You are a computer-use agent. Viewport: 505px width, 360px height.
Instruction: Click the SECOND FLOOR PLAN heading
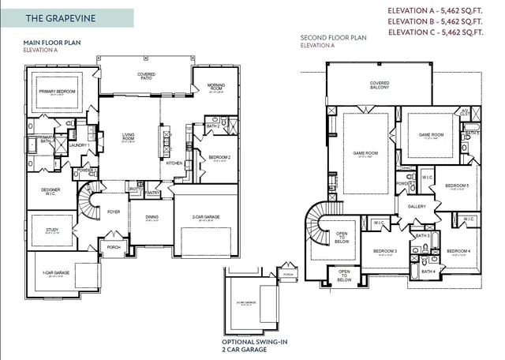(333, 38)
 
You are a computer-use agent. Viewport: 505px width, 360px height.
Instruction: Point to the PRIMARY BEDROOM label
(56, 92)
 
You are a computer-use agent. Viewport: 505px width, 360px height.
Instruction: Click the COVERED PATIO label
(145, 75)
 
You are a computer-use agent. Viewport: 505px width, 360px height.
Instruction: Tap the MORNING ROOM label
(216, 87)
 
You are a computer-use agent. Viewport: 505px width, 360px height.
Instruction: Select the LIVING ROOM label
(129, 137)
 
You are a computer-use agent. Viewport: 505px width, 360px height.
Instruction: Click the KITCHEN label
(174, 163)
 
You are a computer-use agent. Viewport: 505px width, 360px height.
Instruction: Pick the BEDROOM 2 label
(219, 157)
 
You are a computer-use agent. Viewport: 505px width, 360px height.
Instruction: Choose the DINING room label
(151, 218)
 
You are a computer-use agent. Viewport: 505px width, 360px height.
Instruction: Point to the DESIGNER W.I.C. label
(50, 191)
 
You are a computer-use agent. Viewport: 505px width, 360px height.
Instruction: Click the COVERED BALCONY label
(380, 84)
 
